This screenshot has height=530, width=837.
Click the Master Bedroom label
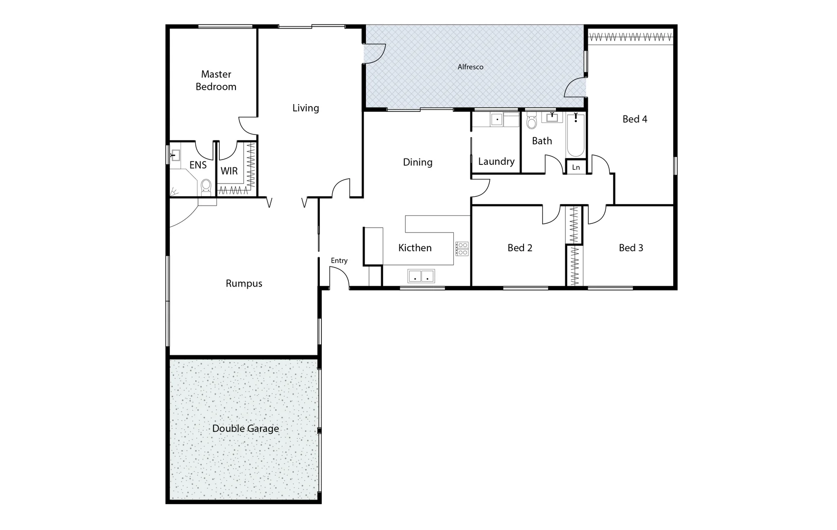coord(216,80)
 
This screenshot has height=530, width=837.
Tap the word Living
coord(305,108)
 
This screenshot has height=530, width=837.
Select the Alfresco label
coord(471,67)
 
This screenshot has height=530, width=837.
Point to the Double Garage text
coord(245,428)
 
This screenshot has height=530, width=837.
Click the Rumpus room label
coord(244,284)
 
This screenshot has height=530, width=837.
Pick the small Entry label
coord(339,261)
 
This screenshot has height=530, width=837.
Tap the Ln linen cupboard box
coord(576,167)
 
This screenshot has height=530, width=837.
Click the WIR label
coord(229,171)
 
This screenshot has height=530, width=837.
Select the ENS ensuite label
coord(198,165)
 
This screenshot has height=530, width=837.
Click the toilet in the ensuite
coord(206,186)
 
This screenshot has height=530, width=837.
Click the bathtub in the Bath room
coord(575,134)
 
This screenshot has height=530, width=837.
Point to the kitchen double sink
coord(421,276)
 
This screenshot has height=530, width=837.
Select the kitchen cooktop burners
coord(462,249)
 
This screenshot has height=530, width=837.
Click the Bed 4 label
coord(634,119)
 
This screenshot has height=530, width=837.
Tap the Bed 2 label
coord(520,248)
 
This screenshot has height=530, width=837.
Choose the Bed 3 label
coord(630,248)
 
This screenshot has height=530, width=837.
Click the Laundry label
coord(496,161)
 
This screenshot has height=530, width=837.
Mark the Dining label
coord(418,162)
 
